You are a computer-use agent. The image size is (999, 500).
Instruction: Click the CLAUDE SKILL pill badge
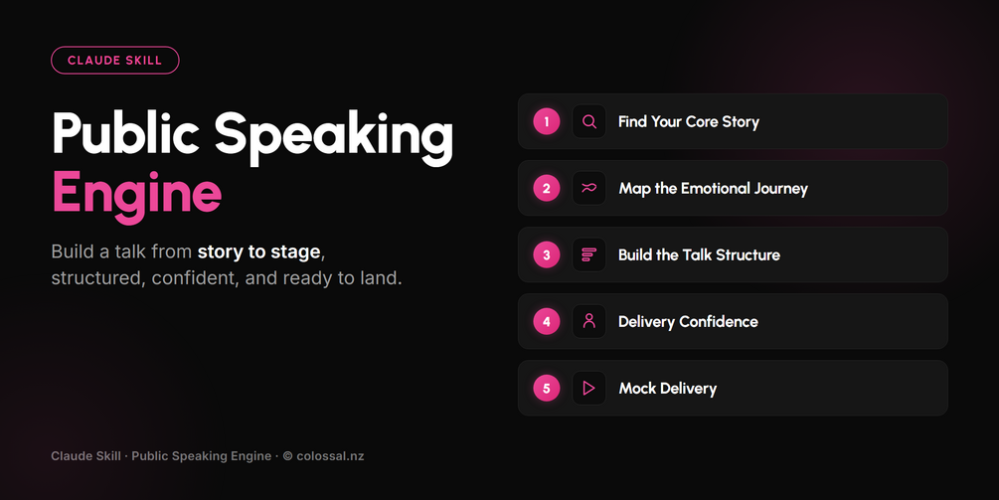114,61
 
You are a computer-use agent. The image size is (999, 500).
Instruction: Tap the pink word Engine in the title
136,193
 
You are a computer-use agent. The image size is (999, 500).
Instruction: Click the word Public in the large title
126,132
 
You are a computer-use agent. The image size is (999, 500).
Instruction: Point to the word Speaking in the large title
333,137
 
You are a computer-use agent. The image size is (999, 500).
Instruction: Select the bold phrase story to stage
258,252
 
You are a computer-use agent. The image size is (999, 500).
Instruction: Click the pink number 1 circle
546,121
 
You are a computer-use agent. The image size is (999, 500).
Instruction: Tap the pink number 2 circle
546,189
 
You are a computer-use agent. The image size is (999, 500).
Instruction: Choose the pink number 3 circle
546,254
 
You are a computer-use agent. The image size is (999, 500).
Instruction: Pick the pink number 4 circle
546,322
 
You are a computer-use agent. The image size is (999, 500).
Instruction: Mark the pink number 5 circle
546,388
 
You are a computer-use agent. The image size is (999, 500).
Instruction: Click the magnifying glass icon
589,121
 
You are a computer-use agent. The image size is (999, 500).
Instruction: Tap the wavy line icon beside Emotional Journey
589,188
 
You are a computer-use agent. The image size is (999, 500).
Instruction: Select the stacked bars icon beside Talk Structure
588,254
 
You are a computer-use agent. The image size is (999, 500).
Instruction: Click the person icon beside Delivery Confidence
589,321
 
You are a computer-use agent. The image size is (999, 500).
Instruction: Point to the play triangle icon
589,388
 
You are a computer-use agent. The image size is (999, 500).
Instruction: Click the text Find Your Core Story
689,122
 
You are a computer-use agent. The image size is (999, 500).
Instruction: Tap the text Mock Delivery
668,389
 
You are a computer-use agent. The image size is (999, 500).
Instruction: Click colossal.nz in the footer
330,456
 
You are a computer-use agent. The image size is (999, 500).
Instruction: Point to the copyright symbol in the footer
287,456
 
